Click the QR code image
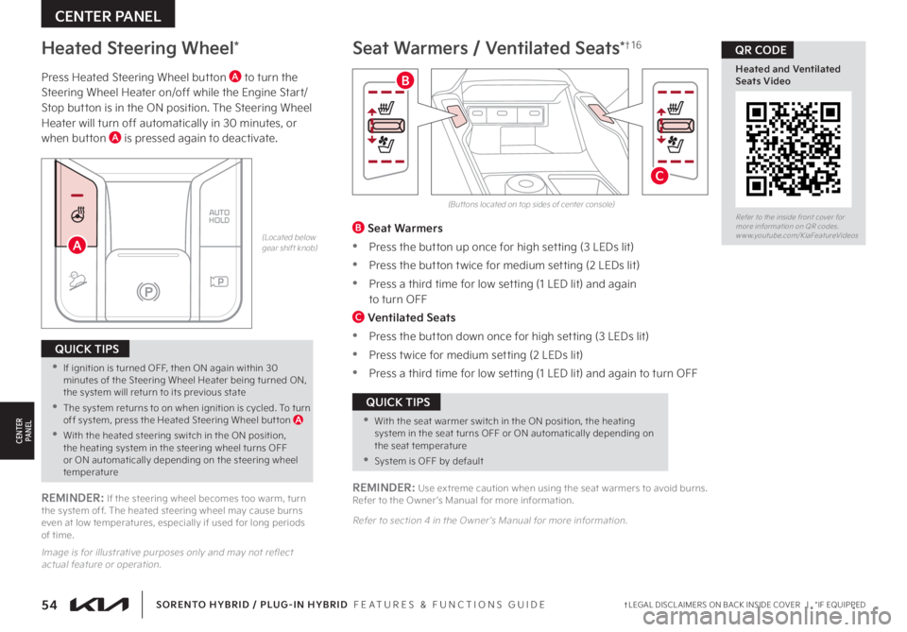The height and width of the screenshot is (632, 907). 793,147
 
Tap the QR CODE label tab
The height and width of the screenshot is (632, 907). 756,49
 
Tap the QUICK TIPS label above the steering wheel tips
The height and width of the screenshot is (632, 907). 85,348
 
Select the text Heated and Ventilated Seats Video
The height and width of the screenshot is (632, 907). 780,75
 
